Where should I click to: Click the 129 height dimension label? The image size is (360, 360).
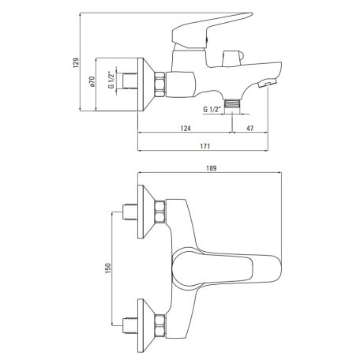[76, 63]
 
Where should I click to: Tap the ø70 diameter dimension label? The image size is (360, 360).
[92, 81]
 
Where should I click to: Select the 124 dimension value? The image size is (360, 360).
[186, 128]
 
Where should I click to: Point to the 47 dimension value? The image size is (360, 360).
[250, 128]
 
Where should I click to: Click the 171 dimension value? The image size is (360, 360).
[205, 146]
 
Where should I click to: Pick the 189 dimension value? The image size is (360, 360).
[211, 168]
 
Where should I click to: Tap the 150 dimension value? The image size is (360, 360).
[108, 268]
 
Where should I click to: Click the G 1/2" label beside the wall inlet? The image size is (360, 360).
[112, 80]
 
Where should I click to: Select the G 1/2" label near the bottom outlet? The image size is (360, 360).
[212, 109]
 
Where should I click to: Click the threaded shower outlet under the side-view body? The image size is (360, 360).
[232, 103]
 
